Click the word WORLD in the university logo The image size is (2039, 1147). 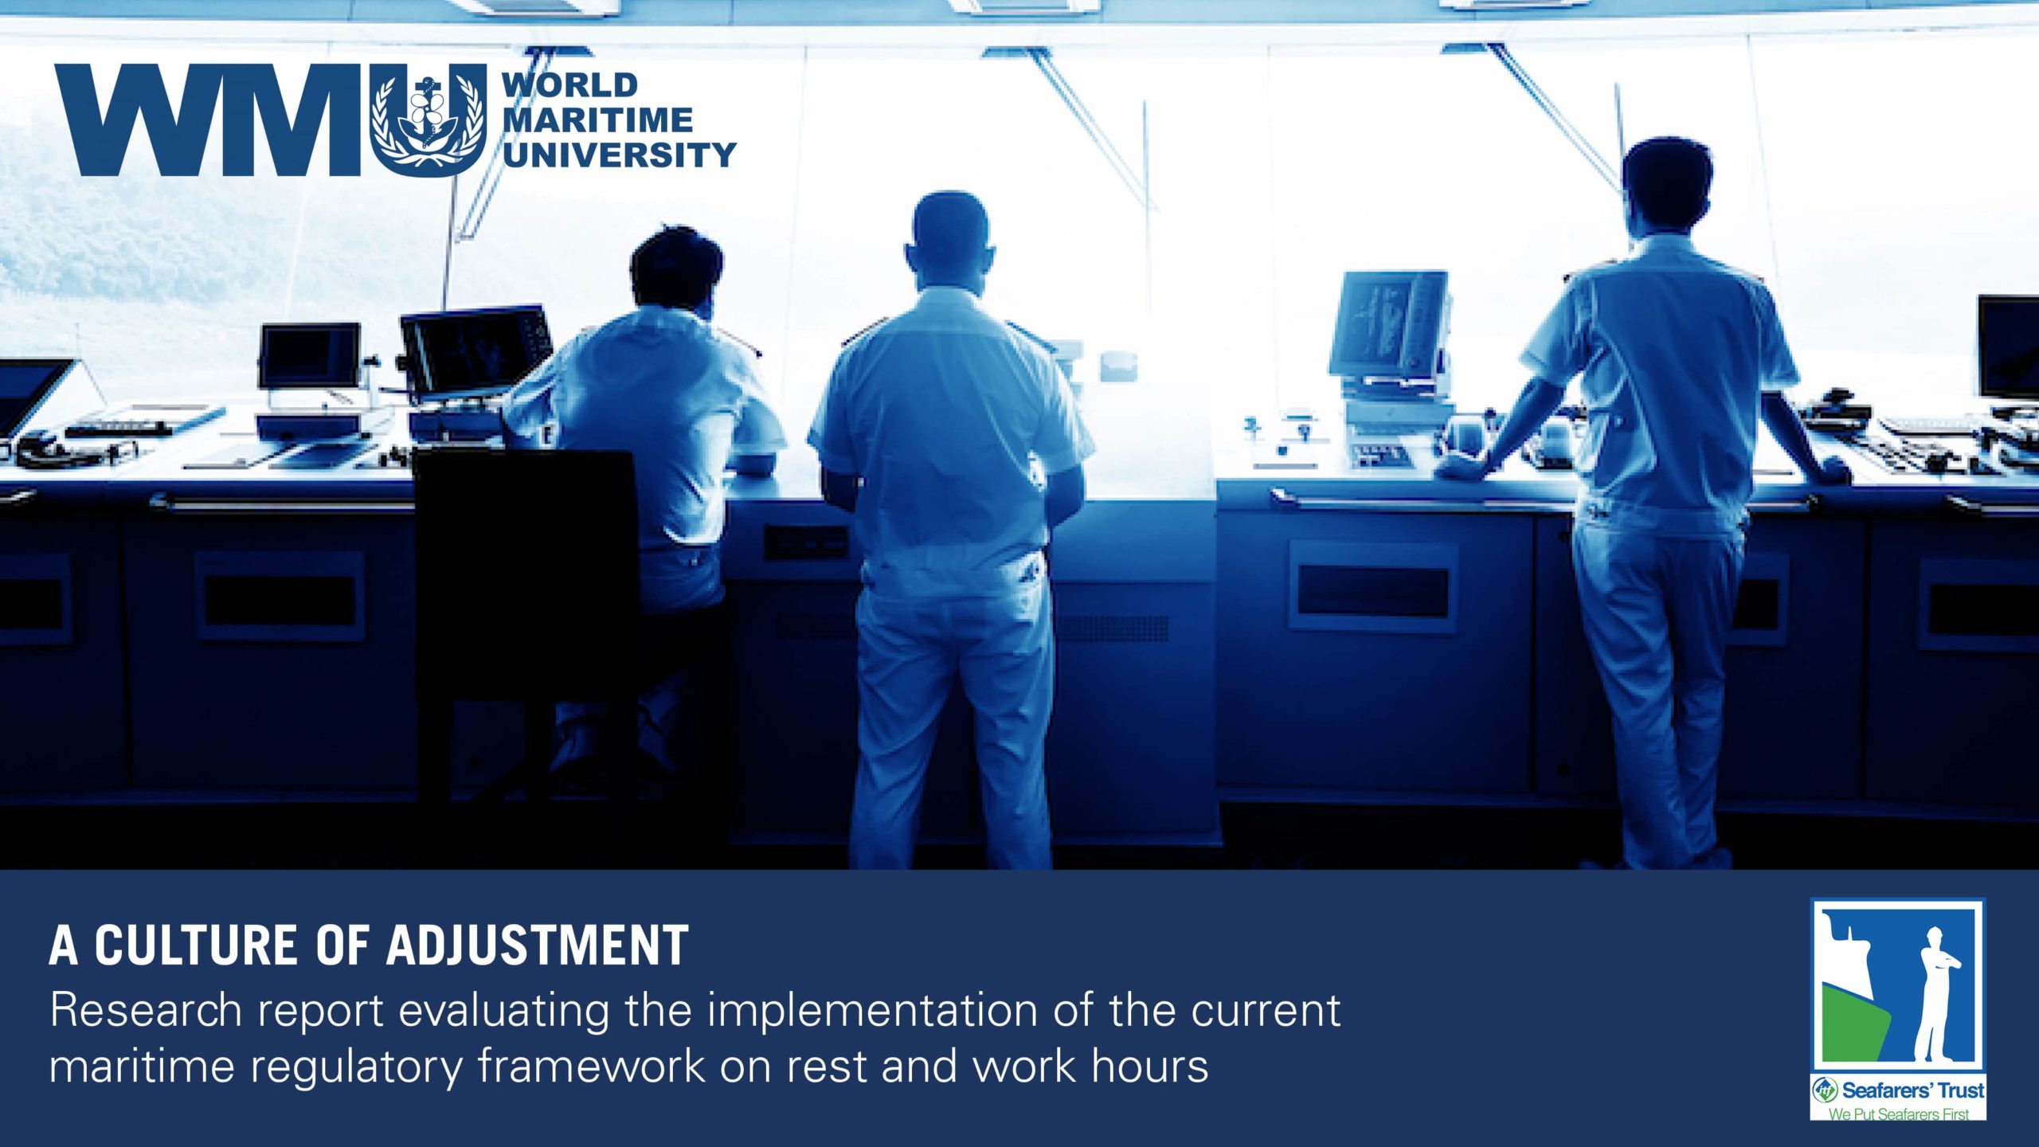(570, 85)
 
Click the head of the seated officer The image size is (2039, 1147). (675, 267)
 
